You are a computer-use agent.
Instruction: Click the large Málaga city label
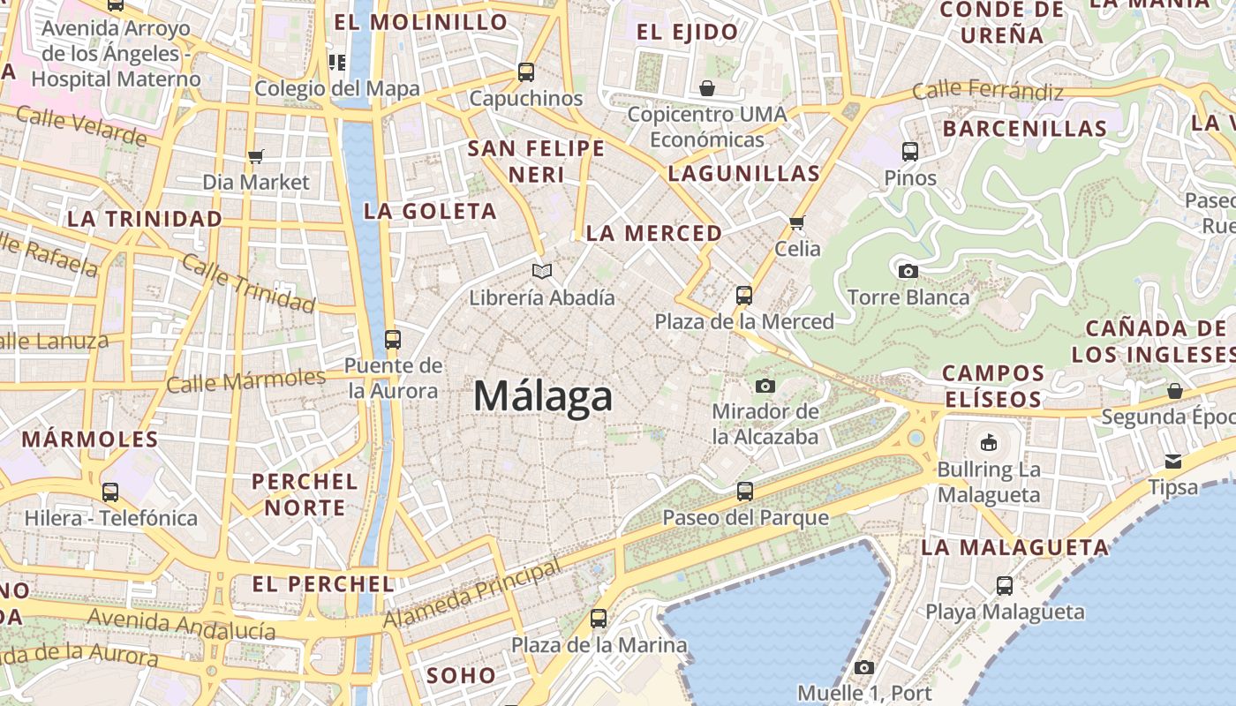click(x=543, y=396)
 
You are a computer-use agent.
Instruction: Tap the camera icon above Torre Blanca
click(x=908, y=271)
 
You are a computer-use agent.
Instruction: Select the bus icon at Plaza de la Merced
click(x=744, y=295)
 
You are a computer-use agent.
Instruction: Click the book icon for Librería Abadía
click(x=541, y=271)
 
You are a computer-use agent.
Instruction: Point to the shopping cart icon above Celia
click(x=797, y=222)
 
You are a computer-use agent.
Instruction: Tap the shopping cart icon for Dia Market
click(x=256, y=156)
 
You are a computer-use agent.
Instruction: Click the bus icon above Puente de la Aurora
click(x=393, y=339)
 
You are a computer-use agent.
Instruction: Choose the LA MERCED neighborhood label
click(x=654, y=234)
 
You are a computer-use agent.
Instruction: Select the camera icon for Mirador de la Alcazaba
click(x=765, y=386)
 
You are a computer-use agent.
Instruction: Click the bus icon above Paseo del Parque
click(x=745, y=491)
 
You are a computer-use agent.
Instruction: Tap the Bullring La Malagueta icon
click(x=989, y=442)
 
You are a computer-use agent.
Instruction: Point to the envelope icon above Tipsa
click(x=1173, y=461)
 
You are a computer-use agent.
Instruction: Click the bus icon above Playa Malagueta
click(x=1005, y=585)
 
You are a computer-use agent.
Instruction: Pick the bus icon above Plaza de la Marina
click(x=599, y=618)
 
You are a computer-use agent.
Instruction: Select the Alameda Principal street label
click(x=472, y=595)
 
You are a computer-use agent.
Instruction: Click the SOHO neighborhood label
click(x=462, y=676)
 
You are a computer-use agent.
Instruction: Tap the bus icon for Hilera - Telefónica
click(x=110, y=492)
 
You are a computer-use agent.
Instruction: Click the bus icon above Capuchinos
click(x=526, y=71)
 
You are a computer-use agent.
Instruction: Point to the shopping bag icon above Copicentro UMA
click(x=706, y=88)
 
